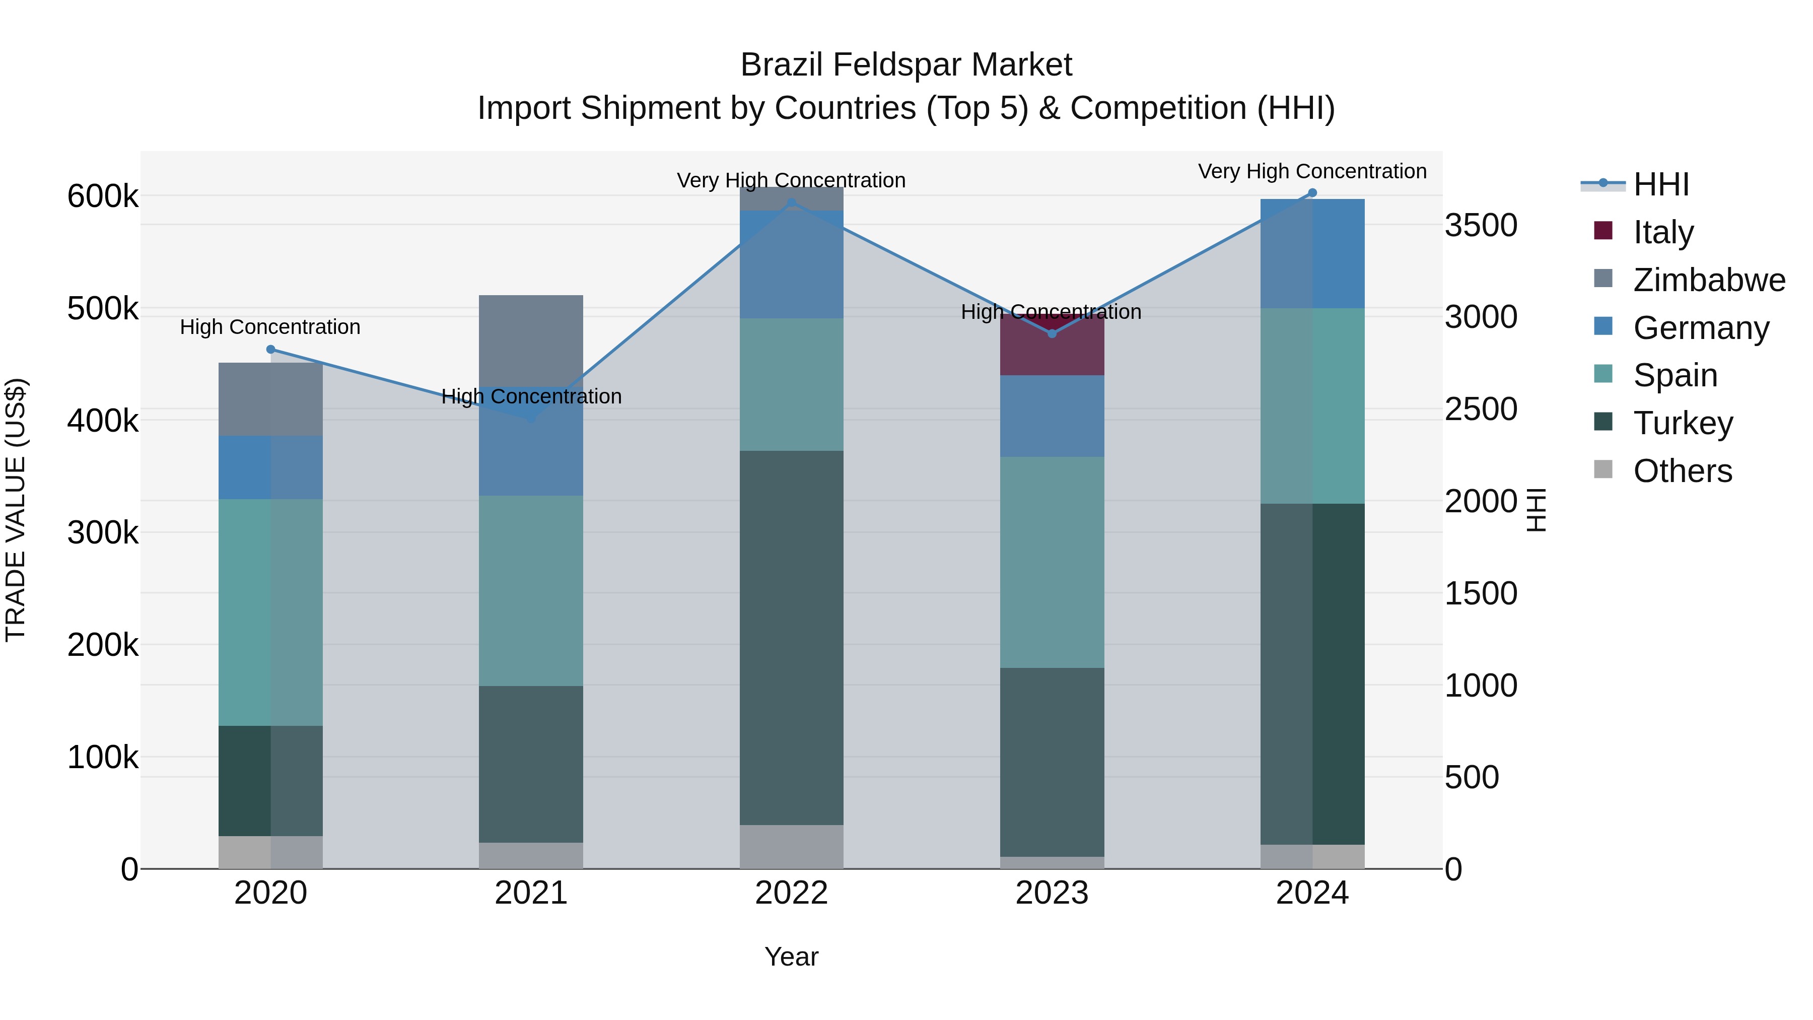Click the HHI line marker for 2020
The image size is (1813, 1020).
270,349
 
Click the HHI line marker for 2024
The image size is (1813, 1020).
1312,193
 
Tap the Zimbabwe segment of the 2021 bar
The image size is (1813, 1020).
531,338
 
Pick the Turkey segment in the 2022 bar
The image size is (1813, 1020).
791,637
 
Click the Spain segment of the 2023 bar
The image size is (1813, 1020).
1052,562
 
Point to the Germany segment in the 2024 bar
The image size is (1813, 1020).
1312,253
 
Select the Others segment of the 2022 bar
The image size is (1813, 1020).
791,846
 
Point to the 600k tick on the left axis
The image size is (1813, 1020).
103,196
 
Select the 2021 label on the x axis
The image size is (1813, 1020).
531,893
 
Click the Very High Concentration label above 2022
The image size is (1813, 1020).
791,180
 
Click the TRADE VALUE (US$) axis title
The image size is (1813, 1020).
16,510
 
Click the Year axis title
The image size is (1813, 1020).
791,956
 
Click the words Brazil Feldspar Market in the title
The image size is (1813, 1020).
906,65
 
